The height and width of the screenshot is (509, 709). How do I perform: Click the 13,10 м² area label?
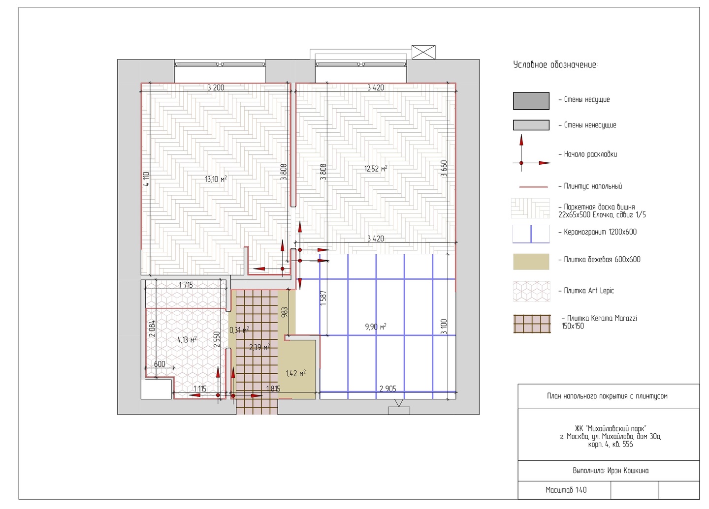[x=216, y=179]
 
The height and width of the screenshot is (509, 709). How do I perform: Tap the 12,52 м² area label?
[x=376, y=169]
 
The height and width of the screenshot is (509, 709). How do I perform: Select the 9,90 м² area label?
[x=376, y=327]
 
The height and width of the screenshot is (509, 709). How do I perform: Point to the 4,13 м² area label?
[x=187, y=340]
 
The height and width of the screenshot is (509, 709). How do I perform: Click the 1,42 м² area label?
[x=295, y=373]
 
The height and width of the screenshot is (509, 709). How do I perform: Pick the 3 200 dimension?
[x=216, y=88]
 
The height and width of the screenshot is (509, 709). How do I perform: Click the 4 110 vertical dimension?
[x=146, y=179]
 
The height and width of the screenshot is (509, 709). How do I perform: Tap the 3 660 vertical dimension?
[x=444, y=168]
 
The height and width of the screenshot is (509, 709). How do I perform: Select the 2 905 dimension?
[x=388, y=389]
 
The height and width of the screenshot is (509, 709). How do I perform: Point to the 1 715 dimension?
[x=186, y=285]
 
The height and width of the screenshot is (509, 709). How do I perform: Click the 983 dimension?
[x=285, y=312]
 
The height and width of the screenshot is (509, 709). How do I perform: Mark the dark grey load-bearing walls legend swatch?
[x=531, y=101]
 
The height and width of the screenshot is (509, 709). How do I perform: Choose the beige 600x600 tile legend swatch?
[x=531, y=262]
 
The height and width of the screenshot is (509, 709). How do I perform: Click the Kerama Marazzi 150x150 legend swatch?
[x=532, y=324]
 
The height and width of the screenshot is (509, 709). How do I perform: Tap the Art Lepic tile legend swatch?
[x=531, y=291]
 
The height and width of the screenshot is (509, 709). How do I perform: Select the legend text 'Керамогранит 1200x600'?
[x=600, y=232]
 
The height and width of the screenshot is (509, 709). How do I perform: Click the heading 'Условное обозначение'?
[x=555, y=65]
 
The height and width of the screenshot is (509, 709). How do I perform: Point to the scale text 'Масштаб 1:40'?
[x=566, y=490]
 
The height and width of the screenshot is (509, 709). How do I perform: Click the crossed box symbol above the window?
[x=423, y=52]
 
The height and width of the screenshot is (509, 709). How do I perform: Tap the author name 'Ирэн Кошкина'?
[x=628, y=471]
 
